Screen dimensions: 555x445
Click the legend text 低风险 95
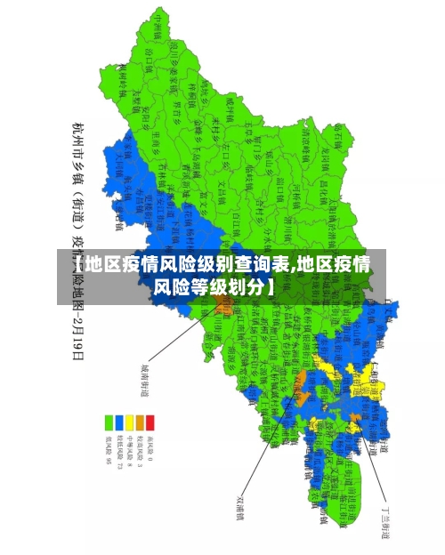pos(108,448)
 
